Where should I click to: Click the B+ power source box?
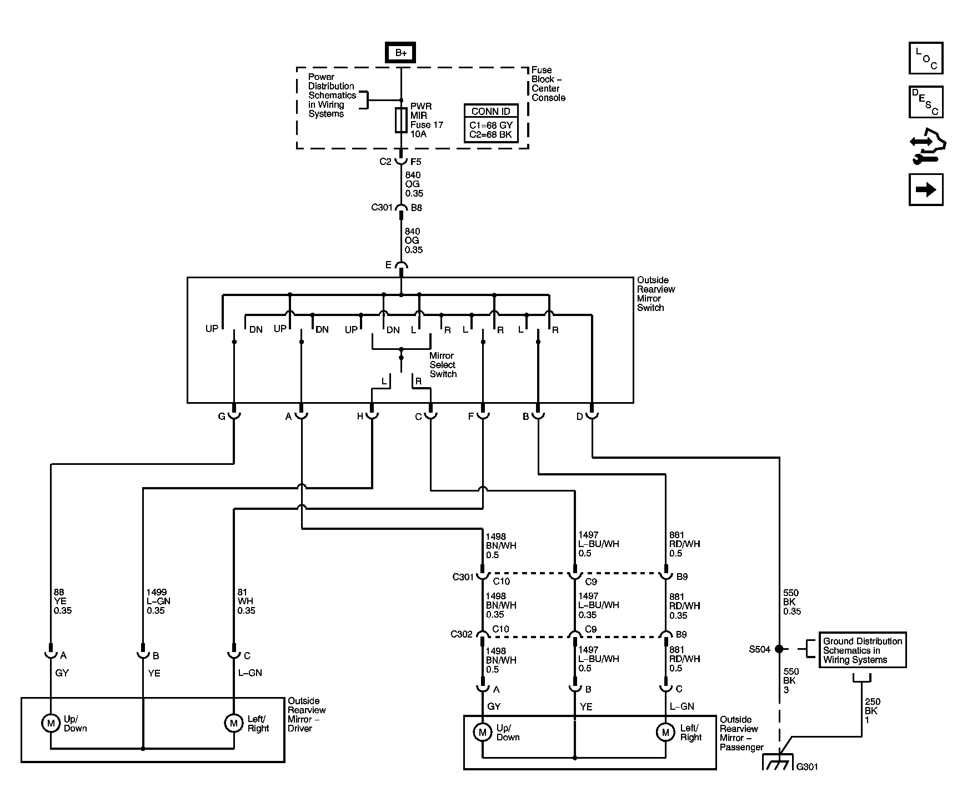[401, 53]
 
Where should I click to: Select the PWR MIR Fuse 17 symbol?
[401, 121]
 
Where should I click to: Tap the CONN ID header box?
[491, 111]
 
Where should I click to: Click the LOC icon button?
[926, 58]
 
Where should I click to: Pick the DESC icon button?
[926, 102]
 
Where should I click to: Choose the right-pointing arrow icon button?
[926, 190]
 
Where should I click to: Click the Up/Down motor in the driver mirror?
[51, 723]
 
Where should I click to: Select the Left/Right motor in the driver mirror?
[234, 723]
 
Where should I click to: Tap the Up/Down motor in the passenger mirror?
[482, 732]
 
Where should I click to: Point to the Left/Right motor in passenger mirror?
[665, 732]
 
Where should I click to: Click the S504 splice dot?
[779, 649]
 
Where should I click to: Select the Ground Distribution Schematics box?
[863, 650]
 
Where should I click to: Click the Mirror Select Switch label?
[443, 365]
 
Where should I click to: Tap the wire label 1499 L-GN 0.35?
[158, 602]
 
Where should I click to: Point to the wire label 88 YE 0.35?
[62, 602]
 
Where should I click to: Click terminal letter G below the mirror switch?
[222, 416]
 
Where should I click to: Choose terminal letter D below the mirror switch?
[579, 416]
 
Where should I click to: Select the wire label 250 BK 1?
[872, 710]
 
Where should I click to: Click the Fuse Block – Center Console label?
[548, 84]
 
